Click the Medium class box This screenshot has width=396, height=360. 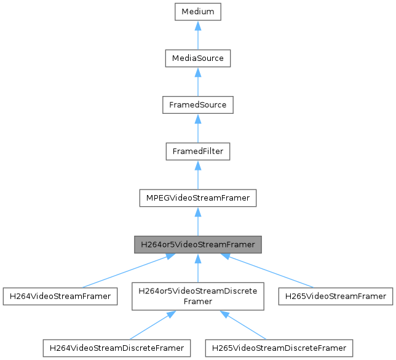point(198,12)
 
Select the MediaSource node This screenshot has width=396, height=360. point(198,58)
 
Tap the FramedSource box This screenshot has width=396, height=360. point(198,105)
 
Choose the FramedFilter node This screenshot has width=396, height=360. point(198,151)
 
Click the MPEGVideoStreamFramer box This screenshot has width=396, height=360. point(198,198)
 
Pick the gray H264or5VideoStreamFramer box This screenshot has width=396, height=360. point(198,244)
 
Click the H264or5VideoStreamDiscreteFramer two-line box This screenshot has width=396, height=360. point(198,296)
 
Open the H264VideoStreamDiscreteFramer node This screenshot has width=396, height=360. point(116,348)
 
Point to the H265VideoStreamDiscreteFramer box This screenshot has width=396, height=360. point(280,348)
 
